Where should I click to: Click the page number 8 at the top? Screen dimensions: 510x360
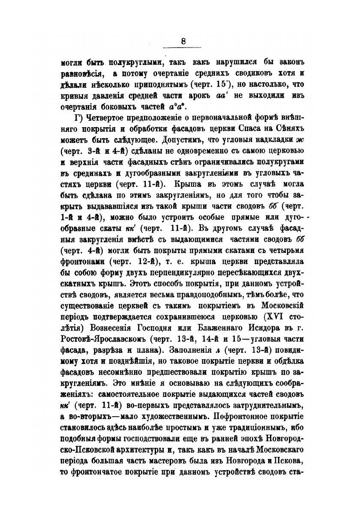pos(183,42)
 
